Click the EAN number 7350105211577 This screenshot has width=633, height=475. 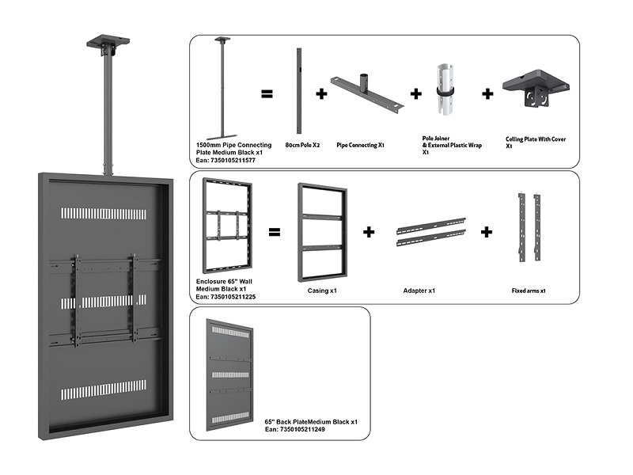[230, 160]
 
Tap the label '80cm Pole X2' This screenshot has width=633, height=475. [300, 145]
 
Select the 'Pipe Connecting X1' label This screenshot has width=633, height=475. [360, 146]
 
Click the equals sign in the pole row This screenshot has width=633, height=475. [267, 93]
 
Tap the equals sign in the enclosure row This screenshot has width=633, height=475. [273, 234]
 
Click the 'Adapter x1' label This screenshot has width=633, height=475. [419, 291]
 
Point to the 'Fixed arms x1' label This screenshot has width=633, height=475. [529, 291]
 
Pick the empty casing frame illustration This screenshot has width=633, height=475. [322, 233]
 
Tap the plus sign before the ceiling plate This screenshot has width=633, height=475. [487, 93]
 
